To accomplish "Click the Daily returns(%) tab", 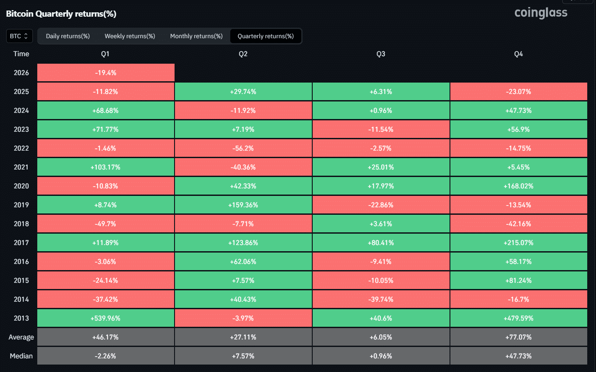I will (68, 36).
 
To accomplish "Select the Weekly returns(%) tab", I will (130, 36).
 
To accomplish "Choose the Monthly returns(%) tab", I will (196, 36).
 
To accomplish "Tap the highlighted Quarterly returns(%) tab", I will (266, 36).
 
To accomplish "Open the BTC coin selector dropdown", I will (19, 36).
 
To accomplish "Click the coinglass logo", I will (541, 13).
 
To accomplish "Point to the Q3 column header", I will (381, 54).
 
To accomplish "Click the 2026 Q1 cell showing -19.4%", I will (106, 73).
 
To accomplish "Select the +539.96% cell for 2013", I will (106, 318).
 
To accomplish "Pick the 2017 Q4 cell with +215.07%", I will (518, 243).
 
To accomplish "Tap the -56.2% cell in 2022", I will (243, 148).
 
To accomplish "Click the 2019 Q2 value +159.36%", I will (243, 205).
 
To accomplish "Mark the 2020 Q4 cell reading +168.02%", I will (518, 186).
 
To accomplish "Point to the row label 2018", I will (21, 224).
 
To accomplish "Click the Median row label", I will (21, 356).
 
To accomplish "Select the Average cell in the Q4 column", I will (518, 337).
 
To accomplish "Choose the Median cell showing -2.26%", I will (106, 356).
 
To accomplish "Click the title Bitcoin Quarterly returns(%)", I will (61, 14).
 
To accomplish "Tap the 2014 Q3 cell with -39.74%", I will (381, 300).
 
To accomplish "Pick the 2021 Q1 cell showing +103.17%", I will (106, 167).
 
